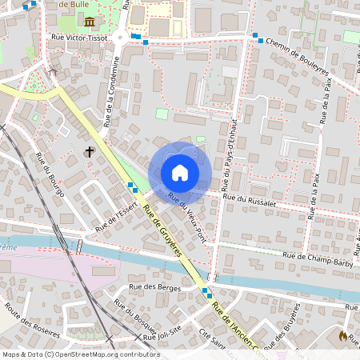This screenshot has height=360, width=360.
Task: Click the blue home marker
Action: click(180, 172)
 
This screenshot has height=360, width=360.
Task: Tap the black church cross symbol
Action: click(90, 151)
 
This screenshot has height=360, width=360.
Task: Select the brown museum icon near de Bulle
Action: click(89, 21)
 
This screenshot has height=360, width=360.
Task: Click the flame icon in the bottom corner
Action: click(344, 337)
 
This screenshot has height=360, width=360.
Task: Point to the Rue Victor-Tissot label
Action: click(78, 37)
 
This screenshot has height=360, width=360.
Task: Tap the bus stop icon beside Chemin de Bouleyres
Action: click(257, 36)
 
